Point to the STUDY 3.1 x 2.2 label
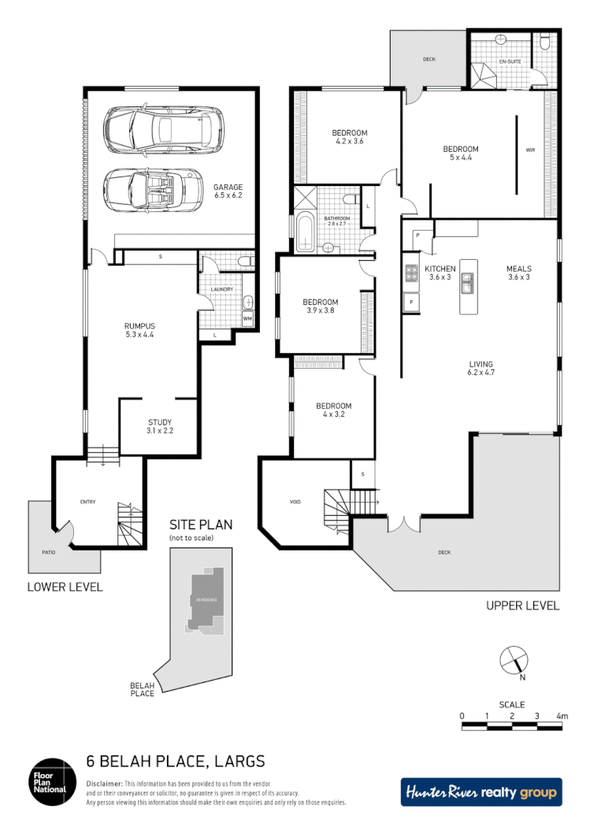[159, 427]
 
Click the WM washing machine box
[247, 318]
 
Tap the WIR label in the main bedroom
[529, 150]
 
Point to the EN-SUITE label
[510, 61]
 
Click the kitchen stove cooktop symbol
[411, 273]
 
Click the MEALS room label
[519, 273]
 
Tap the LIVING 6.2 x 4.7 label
[481, 368]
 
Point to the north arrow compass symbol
[513, 659]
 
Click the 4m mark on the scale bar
[562, 716]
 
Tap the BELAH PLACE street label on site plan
[142, 689]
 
